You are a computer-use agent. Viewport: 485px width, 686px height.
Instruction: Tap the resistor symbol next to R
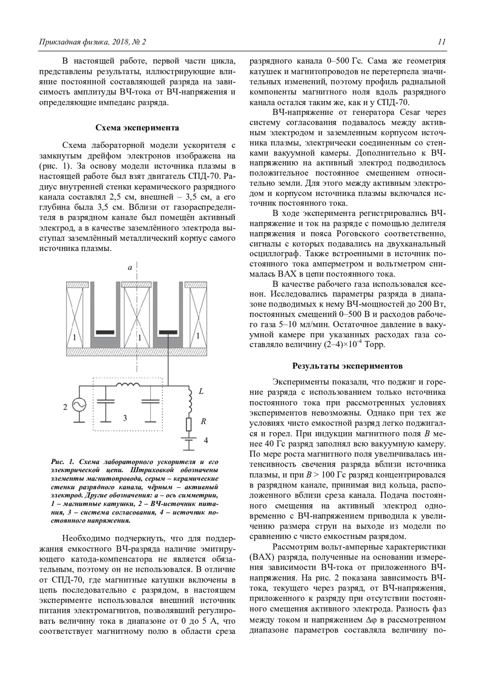pos(189,424)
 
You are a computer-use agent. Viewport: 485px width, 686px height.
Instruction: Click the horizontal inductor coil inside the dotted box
pos(127,385)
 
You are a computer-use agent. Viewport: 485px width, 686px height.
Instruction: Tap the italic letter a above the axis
pos(130,267)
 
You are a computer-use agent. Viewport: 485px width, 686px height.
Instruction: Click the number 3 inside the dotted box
pos(125,418)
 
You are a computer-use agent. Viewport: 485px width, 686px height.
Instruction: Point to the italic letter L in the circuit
pos(201,391)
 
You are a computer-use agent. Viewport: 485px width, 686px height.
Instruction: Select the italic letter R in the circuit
pos(203,421)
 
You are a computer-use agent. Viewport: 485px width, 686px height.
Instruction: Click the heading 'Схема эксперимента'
pos(137,128)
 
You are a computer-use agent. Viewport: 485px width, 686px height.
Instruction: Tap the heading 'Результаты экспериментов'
pos(347,366)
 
